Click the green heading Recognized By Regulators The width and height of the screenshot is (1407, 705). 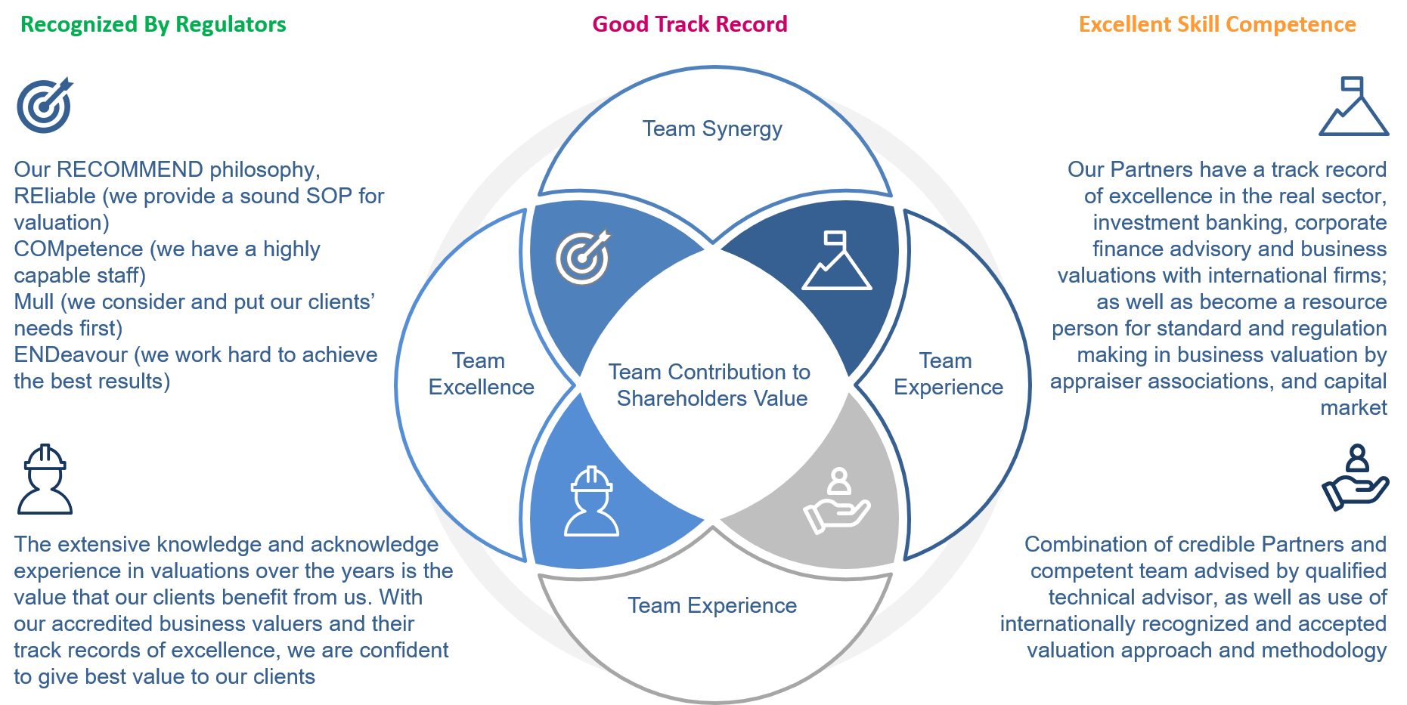click(x=153, y=24)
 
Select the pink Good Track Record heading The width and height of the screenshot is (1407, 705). click(x=690, y=24)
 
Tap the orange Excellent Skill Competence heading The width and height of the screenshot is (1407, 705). click(x=1217, y=24)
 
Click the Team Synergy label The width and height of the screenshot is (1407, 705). click(x=712, y=129)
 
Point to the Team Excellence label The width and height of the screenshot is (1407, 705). click(x=481, y=374)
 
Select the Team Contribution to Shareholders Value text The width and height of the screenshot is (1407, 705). click(x=711, y=385)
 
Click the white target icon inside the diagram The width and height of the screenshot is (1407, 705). click(x=583, y=257)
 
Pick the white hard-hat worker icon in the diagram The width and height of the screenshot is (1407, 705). click(x=592, y=502)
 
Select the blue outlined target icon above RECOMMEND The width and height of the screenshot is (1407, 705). click(x=45, y=106)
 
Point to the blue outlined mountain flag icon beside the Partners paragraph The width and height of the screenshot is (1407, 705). click(x=1353, y=107)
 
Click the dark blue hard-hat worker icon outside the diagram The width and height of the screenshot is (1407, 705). click(x=45, y=479)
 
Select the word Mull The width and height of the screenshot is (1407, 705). click(x=34, y=301)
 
